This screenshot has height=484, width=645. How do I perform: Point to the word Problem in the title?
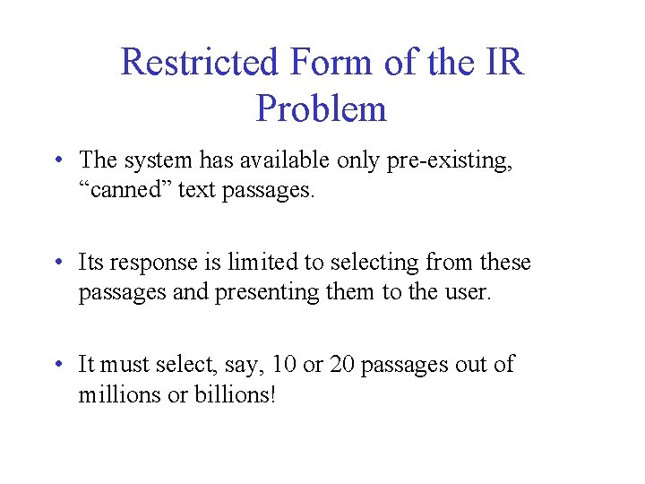pos(321,109)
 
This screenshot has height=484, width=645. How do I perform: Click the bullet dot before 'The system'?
pos(57,161)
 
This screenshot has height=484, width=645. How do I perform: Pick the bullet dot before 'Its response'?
pos(57,264)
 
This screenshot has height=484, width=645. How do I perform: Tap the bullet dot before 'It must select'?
pos(57,366)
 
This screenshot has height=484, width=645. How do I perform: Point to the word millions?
pos(115,394)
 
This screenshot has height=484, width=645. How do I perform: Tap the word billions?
pos(234,394)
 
